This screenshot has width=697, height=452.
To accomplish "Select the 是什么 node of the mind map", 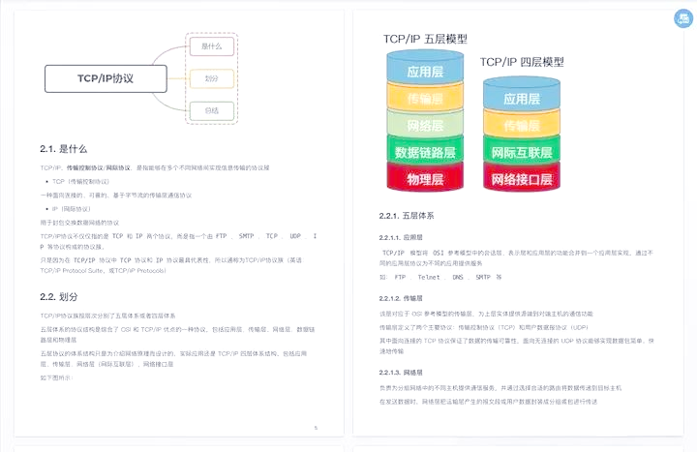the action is [x=212, y=45].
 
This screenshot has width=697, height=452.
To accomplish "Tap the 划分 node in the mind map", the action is [x=212, y=77].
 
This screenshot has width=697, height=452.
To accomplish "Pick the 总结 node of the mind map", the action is [x=212, y=110].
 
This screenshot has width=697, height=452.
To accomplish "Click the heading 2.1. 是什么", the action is [x=64, y=149].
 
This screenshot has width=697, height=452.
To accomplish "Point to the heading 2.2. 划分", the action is [x=59, y=295].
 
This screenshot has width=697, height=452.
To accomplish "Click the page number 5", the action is [x=316, y=427].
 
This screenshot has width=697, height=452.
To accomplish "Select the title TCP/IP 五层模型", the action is [x=425, y=40].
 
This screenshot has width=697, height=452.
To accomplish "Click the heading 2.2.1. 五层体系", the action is [x=407, y=215].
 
